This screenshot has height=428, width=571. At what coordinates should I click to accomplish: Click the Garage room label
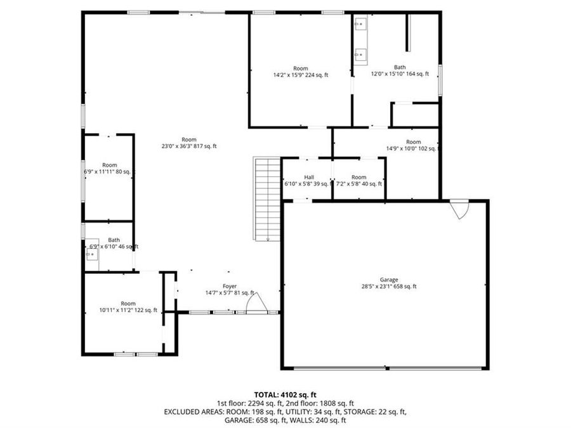[x=389, y=280]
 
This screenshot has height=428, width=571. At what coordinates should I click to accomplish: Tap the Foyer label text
[x=229, y=286]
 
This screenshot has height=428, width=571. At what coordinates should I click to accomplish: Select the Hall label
[x=309, y=177]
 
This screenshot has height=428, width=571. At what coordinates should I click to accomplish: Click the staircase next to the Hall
[x=267, y=198]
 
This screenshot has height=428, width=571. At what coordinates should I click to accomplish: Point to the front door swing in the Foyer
[x=256, y=305]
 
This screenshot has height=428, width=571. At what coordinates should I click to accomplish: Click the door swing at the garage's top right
[x=459, y=209]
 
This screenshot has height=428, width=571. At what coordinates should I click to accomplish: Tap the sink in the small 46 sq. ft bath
[x=92, y=255]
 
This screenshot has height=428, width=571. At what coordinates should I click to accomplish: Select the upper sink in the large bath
[x=360, y=25]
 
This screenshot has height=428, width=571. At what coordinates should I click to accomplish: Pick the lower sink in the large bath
[x=360, y=55]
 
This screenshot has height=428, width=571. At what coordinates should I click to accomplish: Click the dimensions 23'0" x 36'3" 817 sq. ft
[x=189, y=146]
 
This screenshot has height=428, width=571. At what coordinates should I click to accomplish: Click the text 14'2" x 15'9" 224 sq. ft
[x=301, y=75]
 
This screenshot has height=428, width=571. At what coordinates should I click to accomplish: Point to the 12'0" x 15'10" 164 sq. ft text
[x=400, y=74]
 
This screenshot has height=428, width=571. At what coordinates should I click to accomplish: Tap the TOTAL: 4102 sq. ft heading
[x=285, y=395]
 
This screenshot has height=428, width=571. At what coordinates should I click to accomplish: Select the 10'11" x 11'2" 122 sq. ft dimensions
[x=128, y=310]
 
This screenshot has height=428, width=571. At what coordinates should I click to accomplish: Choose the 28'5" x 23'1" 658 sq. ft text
[x=389, y=287]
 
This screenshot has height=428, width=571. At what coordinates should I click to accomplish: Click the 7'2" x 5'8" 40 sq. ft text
[x=359, y=184]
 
